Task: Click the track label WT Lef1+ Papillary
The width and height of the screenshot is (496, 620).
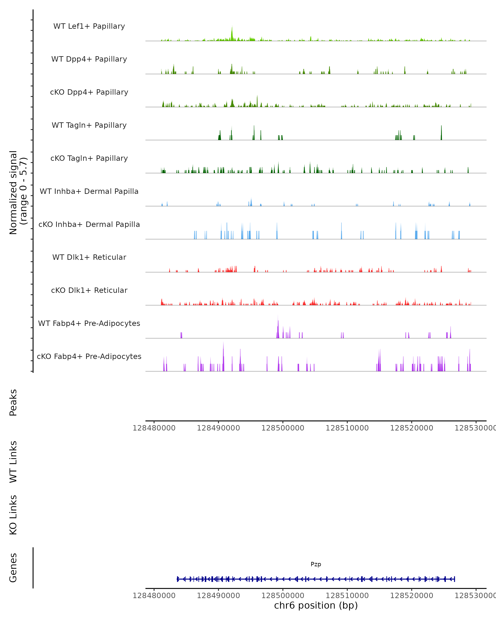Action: (x=89, y=26)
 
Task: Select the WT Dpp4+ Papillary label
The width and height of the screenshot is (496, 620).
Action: (x=89, y=59)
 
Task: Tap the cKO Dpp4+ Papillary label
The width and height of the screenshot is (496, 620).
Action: (x=89, y=92)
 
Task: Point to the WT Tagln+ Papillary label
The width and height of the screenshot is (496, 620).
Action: (x=89, y=125)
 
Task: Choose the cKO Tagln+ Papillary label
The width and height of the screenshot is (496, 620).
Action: (x=89, y=159)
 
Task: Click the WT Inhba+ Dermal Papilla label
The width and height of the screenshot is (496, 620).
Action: (x=89, y=192)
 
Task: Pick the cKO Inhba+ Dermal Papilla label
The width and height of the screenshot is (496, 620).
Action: (x=89, y=225)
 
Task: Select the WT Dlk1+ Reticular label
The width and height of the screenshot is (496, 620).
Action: (x=89, y=257)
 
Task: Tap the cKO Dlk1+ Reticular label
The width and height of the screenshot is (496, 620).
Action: (x=89, y=290)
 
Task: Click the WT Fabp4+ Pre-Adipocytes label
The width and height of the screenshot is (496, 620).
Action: (x=89, y=323)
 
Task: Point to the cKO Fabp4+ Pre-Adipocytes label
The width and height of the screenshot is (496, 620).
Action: (x=89, y=356)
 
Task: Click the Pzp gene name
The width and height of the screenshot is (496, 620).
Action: (x=316, y=564)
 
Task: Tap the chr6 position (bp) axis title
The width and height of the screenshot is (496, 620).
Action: (x=316, y=605)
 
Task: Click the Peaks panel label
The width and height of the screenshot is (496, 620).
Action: (x=13, y=402)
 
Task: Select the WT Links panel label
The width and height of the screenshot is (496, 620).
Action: (x=13, y=461)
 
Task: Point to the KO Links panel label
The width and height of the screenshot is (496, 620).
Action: (x=13, y=515)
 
